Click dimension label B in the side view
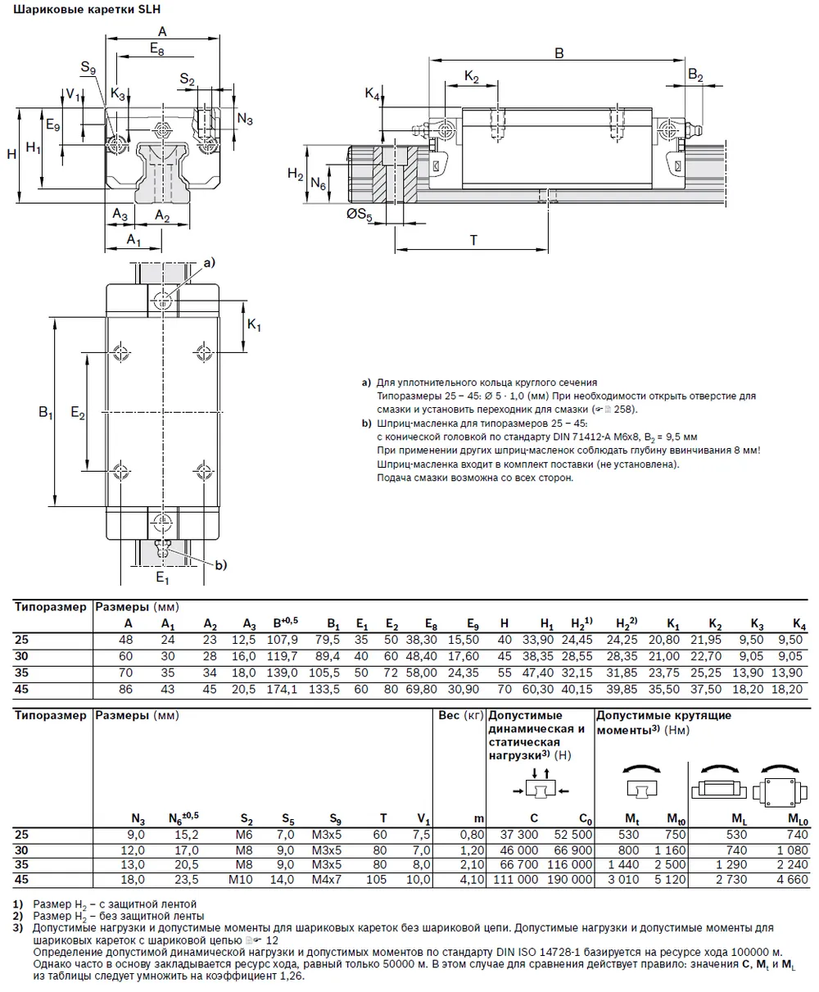point(559,53)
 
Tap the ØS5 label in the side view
point(358,216)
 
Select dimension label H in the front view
point(11,154)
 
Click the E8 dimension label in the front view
point(156,50)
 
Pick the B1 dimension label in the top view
point(46,414)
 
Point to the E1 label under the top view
point(162,579)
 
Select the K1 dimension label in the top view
point(254,327)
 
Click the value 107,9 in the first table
point(282,638)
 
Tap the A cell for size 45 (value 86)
point(126,689)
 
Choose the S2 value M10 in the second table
point(241,880)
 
